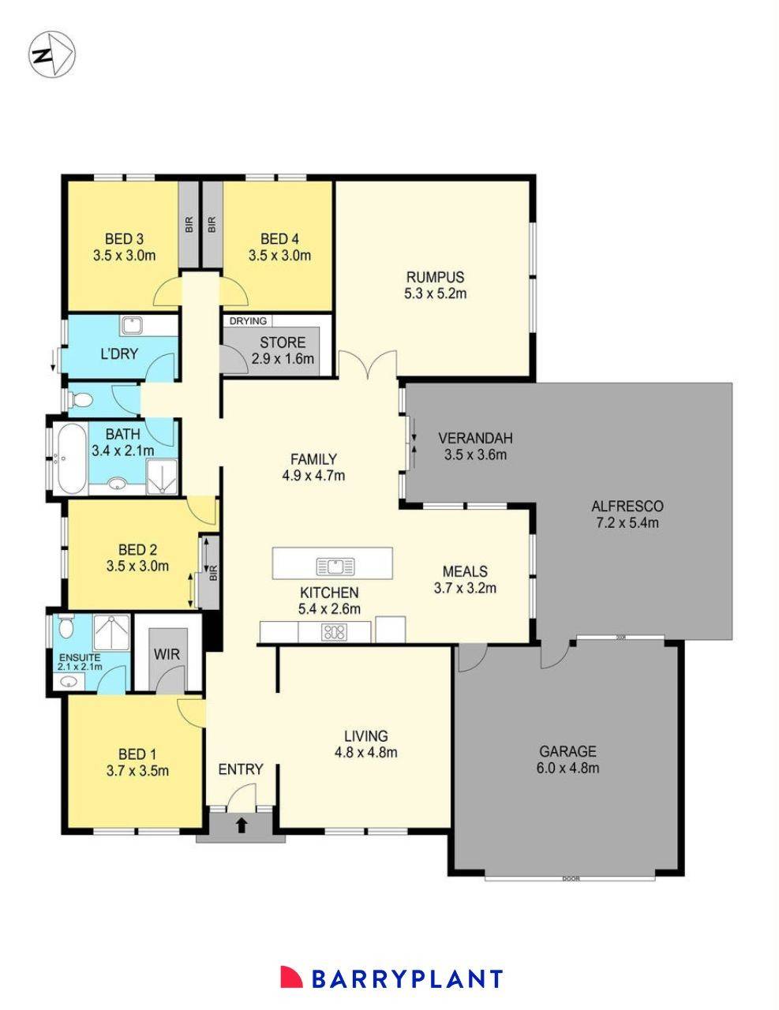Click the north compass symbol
click(x=52, y=55)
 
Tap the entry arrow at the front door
click(x=242, y=825)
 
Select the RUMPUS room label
click(x=435, y=277)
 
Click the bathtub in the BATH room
click(x=69, y=457)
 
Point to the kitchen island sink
click(x=335, y=566)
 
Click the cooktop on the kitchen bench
click(x=335, y=631)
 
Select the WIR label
click(x=167, y=654)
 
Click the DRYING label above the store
click(x=248, y=321)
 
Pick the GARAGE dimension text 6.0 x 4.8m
click(x=567, y=768)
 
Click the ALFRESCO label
click(x=627, y=506)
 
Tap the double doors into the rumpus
click(x=367, y=365)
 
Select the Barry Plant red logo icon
click(x=291, y=977)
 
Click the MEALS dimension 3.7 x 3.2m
click(x=465, y=588)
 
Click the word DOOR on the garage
click(x=571, y=878)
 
